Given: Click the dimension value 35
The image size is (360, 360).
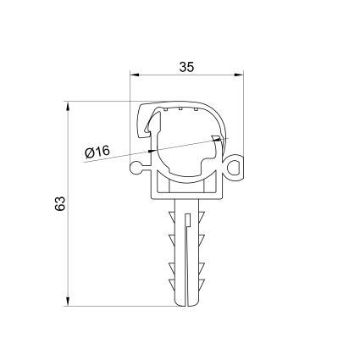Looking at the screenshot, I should point(188,64).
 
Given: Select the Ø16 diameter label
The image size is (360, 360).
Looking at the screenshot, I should point(99,152).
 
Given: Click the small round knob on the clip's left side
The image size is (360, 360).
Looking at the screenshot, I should point(137,169).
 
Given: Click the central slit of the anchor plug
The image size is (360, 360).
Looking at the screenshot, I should point(186,254).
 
